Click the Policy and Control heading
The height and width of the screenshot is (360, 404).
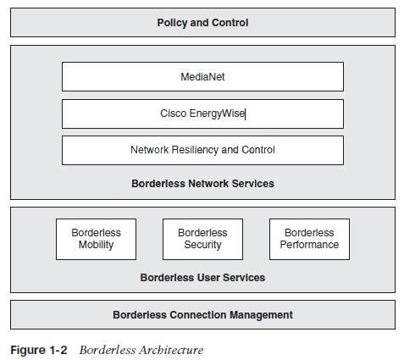pyautogui.click(x=202, y=23)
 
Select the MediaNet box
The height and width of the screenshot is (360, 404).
pyautogui.click(x=202, y=76)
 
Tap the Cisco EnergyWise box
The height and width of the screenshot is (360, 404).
pyautogui.click(x=202, y=114)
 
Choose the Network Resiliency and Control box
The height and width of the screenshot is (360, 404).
pyautogui.click(x=202, y=150)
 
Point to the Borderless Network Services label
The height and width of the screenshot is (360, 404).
pyautogui.click(x=202, y=184)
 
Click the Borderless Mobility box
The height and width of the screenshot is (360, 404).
pyautogui.click(x=96, y=239)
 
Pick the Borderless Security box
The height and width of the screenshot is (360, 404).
pyautogui.click(x=202, y=239)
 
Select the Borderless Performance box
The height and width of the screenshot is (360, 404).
pyautogui.click(x=309, y=239)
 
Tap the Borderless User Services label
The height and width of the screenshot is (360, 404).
pyautogui.click(x=202, y=278)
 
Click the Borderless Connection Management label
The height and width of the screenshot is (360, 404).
pyautogui.click(x=202, y=315)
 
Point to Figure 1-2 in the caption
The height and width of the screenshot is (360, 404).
pyautogui.click(x=39, y=350)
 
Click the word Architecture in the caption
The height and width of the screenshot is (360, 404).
pyautogui.click(x=171, y=350)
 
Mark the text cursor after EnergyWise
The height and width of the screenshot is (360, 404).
pyautogui.click(x=245, y=114)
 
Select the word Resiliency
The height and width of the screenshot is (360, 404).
pyautogui.click(x=195, y=150)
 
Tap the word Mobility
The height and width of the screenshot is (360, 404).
pyautogui.click(x=96, y=245)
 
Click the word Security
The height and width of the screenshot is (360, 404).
pyautogui.click(x=202, y=245)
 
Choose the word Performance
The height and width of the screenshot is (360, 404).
pyautogui.click(x=309, y=245)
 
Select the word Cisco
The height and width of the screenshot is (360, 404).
pyautogui.click(x=174, y=114)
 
